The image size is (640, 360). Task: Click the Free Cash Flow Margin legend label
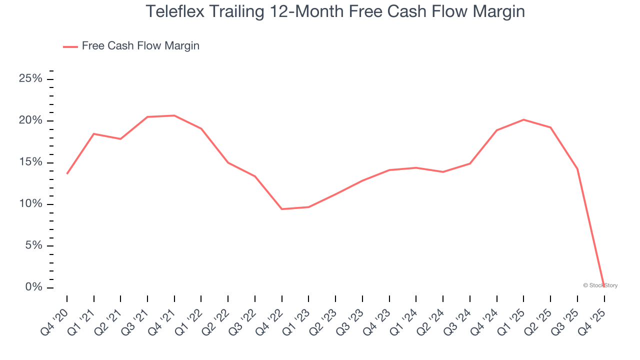click(140, 46)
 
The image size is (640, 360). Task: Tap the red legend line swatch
click(70, 46)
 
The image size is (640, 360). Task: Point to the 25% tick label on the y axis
click(30, 79)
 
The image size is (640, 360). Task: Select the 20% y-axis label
click(30, 121)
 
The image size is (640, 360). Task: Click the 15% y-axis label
click(30, 162)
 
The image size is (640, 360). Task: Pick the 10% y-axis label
click(30, 204)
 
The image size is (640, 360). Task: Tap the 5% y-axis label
click(33, 245)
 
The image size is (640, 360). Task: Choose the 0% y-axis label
click(33, 287)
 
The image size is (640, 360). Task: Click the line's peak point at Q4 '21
click(174, 115)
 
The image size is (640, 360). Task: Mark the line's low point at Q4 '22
click(282, 209)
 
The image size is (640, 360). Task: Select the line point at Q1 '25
click(523, 119)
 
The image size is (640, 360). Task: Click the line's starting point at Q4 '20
click(67, 173)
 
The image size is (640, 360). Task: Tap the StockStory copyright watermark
click(600, 285)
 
